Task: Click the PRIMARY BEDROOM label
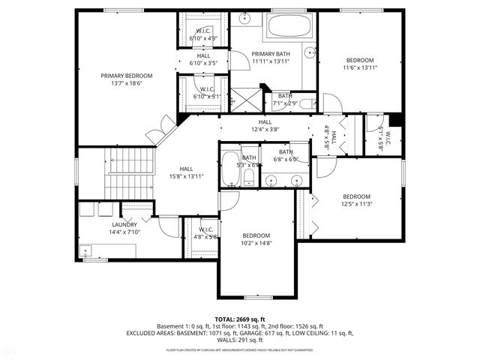coord(127,76)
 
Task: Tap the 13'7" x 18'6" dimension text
coord(127,83)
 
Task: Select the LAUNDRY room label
coord(124,224)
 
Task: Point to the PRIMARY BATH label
coord(270,54)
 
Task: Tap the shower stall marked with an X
coord(244,98)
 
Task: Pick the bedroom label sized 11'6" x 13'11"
coord(359,60)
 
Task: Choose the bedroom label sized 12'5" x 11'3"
coord(357,196)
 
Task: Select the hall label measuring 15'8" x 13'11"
coord(187,169)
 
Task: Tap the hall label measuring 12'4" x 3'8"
coord(265,122)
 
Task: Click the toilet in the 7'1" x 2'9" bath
coord(305,104)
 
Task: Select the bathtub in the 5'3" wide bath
coord(229,171)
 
